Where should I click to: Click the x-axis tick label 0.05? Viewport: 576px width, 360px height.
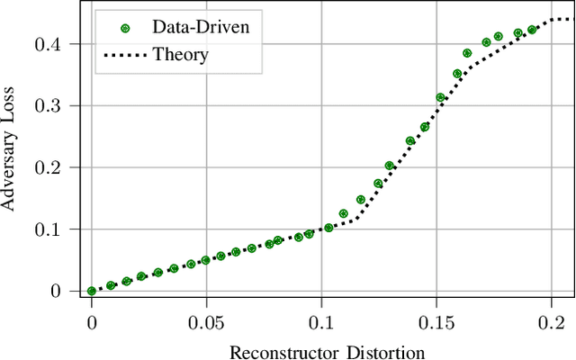206,322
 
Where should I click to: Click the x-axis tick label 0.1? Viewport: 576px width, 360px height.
321,322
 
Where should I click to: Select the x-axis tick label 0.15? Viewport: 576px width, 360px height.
436,322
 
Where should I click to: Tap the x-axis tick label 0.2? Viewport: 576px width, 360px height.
551,322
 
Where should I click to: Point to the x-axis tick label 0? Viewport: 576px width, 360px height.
92,322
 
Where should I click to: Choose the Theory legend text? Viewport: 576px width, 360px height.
180,55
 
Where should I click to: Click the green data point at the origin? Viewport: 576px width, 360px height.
92,291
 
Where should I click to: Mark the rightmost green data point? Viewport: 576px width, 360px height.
532,30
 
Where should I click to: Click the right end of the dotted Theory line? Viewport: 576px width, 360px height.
572,19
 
